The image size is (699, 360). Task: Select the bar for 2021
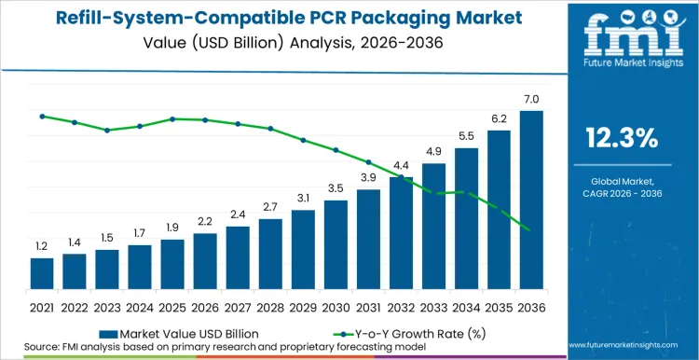point(42,272)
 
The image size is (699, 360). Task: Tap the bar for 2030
point(336,243)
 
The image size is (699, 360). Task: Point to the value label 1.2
point(42,246)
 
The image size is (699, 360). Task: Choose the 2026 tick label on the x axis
point(205,307)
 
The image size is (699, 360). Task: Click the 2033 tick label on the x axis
point(433,307)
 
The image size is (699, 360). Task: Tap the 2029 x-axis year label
point(303,307)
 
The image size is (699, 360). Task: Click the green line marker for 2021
point(42,116)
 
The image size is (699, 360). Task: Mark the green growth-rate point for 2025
point(172,118)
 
